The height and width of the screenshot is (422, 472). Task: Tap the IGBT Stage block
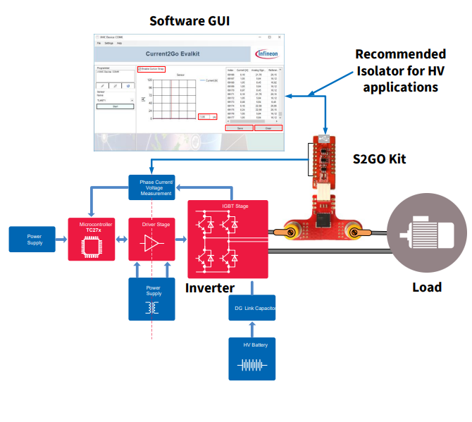pos(227,239)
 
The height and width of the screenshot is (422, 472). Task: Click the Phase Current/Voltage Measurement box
pos(151,187)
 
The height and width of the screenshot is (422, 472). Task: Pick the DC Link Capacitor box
pos(253,308)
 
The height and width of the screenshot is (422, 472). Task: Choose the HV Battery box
pos(252,359)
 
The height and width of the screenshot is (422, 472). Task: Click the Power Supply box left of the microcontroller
pos(35,240)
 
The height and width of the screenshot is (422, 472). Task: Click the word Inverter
pos(210,288)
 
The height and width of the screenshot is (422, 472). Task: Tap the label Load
pos(427,287)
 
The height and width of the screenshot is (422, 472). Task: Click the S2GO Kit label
pos(379,159)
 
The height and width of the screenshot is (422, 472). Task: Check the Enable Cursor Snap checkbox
pos(139,68)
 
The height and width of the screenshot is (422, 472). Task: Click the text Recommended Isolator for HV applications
pos(400,71)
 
